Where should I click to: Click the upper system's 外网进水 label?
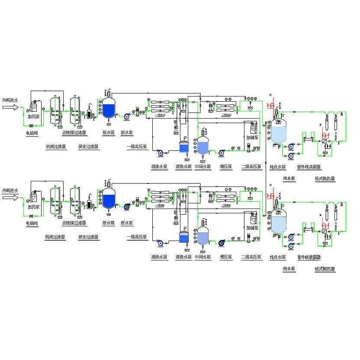coord(10,100)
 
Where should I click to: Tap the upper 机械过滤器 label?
coord(56,147)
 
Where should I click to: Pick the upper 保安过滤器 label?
coord(88,147)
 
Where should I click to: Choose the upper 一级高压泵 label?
coord(137,147)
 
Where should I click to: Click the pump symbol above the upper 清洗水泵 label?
coord(159,153)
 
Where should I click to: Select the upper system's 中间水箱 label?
coord(203,167)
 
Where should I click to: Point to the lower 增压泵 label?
coord(225,257)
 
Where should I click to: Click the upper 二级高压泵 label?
coord(251,167)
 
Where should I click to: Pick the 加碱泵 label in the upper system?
coord(252,138)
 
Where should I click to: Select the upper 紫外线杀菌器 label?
coord(309,167)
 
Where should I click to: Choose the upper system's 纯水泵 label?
coord(289,178)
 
